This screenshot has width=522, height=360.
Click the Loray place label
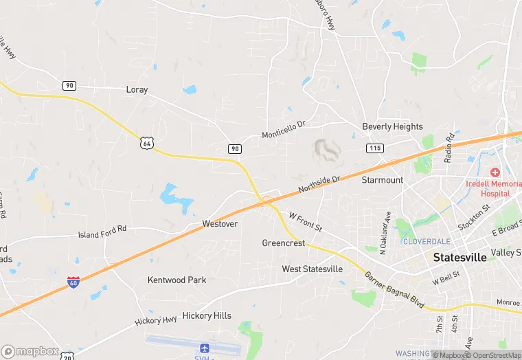click(137, 89)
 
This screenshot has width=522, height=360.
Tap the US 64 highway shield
click(146, 142)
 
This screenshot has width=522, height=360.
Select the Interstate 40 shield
click(73, 282)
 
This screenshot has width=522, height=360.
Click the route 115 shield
click(374, 148)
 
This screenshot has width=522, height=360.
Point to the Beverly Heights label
click(392, 126)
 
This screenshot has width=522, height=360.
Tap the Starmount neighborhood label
click(383, 180)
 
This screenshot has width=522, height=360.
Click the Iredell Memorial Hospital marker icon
click(494, 172)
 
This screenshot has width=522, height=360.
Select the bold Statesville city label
click(460, 257)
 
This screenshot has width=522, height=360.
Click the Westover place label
click(220, 224)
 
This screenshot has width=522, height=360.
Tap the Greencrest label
click(283, 243)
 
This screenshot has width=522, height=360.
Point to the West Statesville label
click(312, 269)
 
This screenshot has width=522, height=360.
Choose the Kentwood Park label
click(177, 280)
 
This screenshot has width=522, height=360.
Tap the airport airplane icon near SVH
click(204, 348)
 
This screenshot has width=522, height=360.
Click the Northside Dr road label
click(319, 184)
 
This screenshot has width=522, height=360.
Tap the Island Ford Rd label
click(102, 232)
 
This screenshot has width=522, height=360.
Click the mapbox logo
click(30, 351)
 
